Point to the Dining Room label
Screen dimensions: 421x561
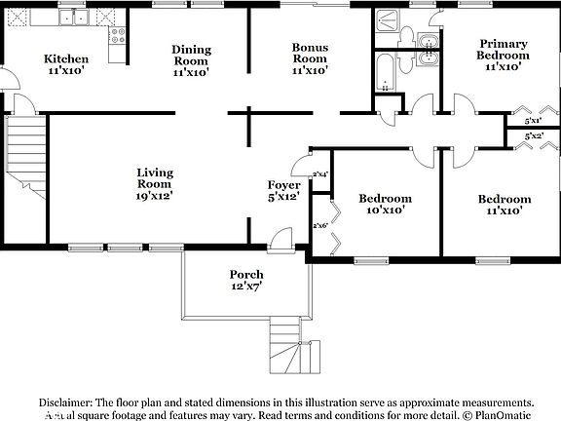point(192,58)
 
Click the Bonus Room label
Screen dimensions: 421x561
point(310,58)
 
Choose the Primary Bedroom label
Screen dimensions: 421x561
point(504,56)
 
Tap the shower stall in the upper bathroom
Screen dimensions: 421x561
point(387,28)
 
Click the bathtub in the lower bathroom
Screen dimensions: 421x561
point(385,71)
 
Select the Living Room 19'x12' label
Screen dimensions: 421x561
point(154,184)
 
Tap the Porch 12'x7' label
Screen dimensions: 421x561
point(246,280)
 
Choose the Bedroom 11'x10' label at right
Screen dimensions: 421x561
point(504,205)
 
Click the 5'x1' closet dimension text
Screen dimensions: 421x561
point(533,121)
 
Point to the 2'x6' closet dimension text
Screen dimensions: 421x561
point(319,226)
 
